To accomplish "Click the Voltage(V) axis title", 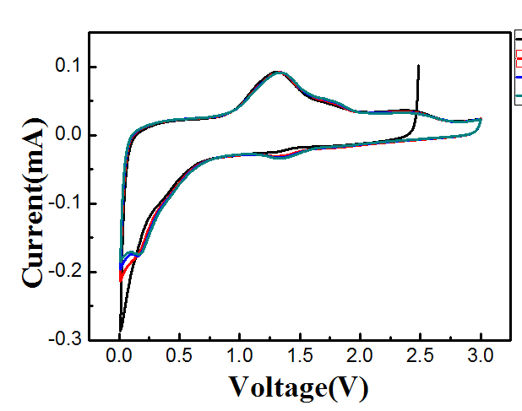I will (x=298, y=387).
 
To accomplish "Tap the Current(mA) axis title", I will (x=34, y=202).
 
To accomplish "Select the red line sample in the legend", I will (x=518, y=57).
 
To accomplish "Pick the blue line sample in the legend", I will (x=518, y=77).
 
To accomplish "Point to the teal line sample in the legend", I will (x=518, y=97).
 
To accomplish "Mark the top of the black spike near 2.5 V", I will (x=418, y=65).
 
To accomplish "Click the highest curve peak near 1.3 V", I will (x=277, y=73).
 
